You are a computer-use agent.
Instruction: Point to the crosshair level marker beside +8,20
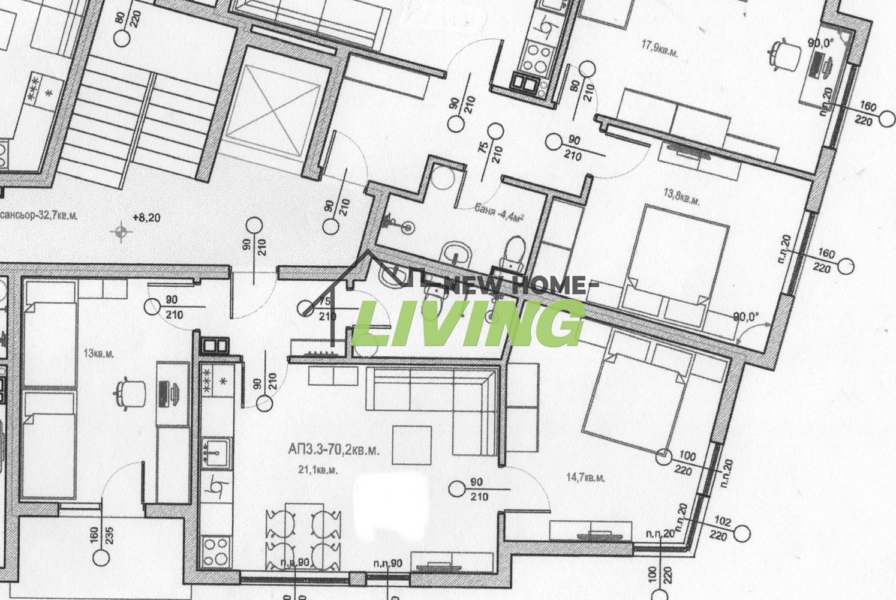(122, 230)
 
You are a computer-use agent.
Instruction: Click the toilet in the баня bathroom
(512, 253)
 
